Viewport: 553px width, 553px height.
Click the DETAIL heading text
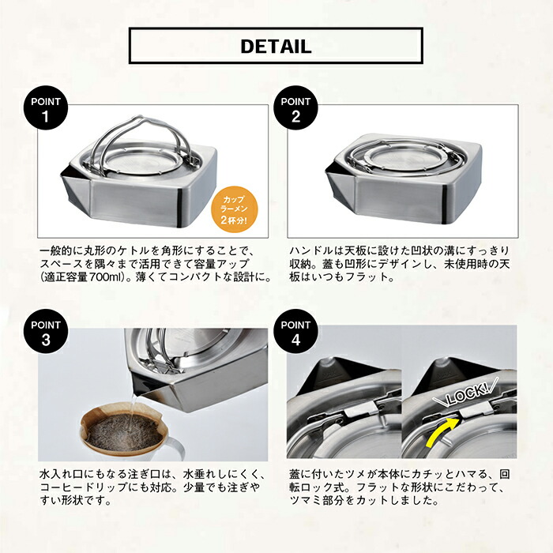pyautogui.click(x=276, y=46)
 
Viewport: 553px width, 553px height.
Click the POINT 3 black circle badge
pyautogui.click(x=46, y=331)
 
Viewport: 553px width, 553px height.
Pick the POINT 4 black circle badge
pyautogui.click(x=295, y=331)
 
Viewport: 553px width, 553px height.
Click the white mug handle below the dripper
pyautogui.click(x=176, y=451)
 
